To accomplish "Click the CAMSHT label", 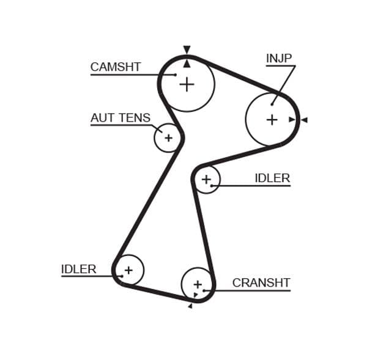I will [x=116, y=67].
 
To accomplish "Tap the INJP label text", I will [x=279, y=59].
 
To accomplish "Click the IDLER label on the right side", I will [x=272, y=178].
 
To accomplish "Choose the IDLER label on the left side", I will [x=79, y=269].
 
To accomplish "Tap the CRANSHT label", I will [x=261, y=283].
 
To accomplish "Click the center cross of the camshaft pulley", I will [x=187, y=84].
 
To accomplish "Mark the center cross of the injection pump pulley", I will [x=272, y=120].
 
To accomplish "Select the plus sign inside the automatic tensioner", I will [x=168, y=138].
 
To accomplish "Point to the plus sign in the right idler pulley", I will [x=206, y=179].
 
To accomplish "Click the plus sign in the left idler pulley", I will [x=128, y=270].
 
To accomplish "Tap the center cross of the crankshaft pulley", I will [x=197, y=285].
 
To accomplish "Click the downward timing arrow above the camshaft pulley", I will [x=187, y=50].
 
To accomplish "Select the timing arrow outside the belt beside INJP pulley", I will [x=304, y=120].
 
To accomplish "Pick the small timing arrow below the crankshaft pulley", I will [x=190, y=306].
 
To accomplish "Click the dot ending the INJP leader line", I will [x=272, y=104].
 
